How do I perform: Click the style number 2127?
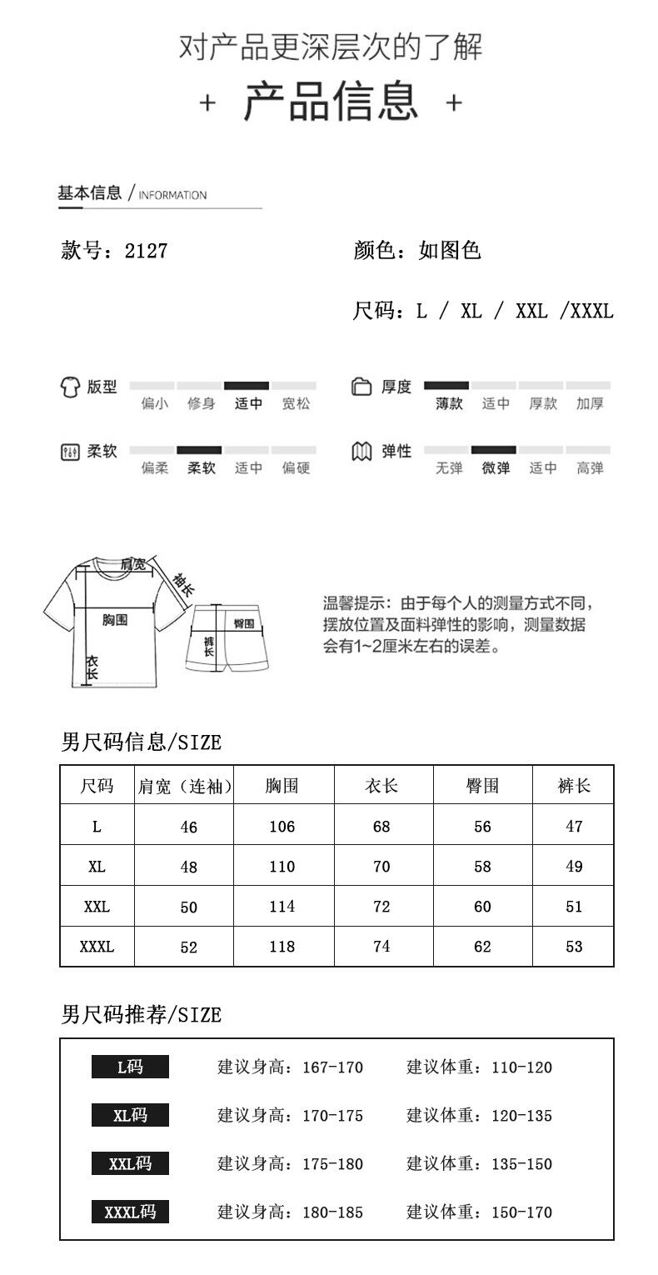click(147, 251)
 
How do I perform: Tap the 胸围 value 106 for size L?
click(282, 827)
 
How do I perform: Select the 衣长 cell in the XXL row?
click(381, 907)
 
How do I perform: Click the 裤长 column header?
click(574, 786)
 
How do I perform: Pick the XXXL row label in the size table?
click(97, 947)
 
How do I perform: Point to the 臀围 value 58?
click(482, 867)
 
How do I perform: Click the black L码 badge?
click(130, 1067)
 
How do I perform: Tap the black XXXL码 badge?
click(130, 1212)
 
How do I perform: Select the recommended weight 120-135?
click(522, 1116)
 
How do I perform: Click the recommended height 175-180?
click(333, 1164)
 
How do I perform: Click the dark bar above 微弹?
click(494, 450)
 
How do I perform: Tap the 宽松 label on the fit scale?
click(296, 404)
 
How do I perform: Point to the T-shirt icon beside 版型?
click(70, 387)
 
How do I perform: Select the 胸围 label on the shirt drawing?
click(115, 620)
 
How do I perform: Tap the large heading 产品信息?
click(331, 102)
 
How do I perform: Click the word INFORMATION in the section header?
click(172, 196)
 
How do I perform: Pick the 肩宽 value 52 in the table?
click(189, 947)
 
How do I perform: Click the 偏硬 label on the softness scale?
click(296, 468)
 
